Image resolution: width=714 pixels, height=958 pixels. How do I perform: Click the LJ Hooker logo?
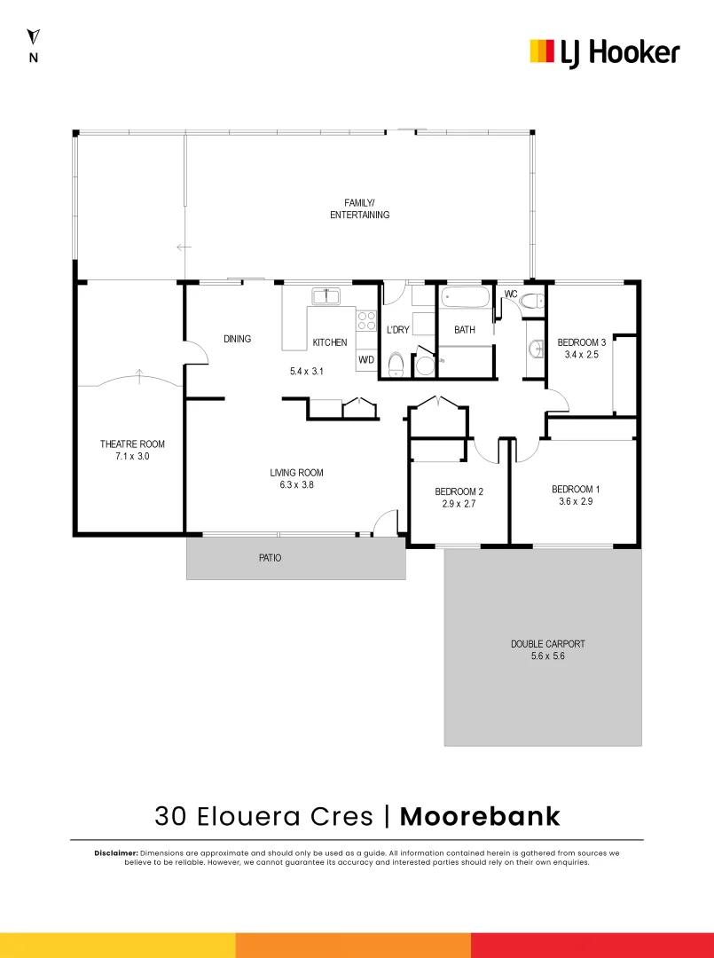pos(604,52)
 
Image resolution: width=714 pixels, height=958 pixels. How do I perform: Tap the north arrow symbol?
pos(34,37)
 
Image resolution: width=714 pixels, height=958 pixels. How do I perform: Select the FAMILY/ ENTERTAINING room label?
pos(359,208)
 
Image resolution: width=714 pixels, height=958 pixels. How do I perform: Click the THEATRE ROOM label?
pos(132,444)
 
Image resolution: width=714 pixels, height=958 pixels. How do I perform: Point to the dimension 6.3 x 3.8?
pos(297,485)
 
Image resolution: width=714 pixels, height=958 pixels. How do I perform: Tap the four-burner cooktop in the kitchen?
pos(367,320)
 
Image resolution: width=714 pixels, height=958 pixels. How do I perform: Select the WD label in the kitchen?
pos(366,361)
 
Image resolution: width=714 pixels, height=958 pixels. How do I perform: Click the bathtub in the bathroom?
pos(466,296)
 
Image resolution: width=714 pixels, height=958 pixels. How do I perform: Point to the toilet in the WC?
pos(533,301)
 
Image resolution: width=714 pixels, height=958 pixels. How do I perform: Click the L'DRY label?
pos(398,330)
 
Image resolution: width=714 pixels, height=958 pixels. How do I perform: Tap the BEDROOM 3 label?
pos(582,342)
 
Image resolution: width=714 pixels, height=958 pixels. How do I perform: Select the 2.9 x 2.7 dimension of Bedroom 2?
pos(459,504)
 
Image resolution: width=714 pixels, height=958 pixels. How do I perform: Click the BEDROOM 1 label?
pos(576,489)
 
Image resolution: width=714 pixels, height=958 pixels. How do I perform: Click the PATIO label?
pos(270,558)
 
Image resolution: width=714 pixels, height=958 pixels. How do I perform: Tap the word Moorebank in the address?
pos(480,816)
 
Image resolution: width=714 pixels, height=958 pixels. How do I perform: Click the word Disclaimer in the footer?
pos(115,852)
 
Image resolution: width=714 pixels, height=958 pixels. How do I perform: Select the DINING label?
pos(237,339)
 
